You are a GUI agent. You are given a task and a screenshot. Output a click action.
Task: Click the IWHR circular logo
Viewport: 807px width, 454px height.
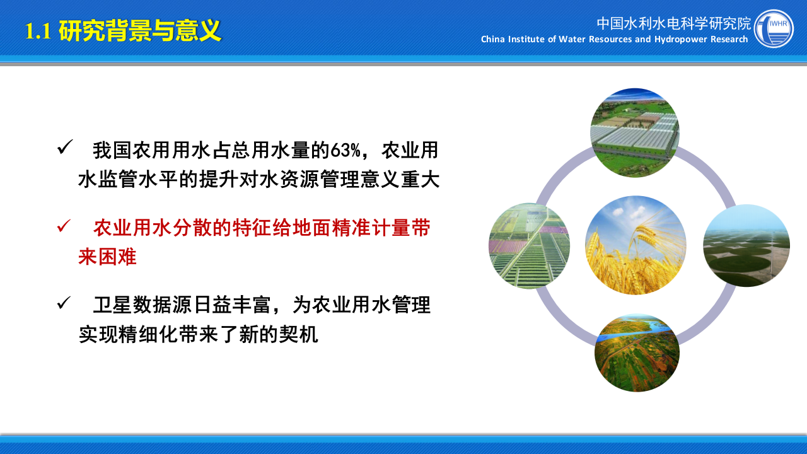pyautogui.click(x=774, y=28)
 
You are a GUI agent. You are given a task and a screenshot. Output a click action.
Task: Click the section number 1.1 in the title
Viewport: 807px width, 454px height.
pyautogui.click(x=38, y=32)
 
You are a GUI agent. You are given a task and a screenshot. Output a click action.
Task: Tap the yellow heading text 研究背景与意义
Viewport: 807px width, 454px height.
pyautogui.click(x=140, y=31)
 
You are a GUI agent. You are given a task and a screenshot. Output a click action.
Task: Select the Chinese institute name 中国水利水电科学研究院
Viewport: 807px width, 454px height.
pyautogui.click(x=674, y=23)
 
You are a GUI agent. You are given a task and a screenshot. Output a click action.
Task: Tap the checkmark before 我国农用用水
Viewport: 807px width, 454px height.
pyautogui.click(x=65, y=148)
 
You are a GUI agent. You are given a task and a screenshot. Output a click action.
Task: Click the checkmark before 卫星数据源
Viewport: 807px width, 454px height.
pyautogui.click(x=65, y=303)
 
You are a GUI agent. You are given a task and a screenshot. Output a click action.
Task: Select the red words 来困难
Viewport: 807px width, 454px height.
pyautogui.click(x=107, y=257)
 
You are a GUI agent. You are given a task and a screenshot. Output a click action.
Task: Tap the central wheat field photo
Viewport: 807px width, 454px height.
pyautogui.click(x=636, y=245)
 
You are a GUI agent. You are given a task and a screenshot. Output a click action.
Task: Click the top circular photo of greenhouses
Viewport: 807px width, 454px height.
pyautogui.click(x=634, y=132)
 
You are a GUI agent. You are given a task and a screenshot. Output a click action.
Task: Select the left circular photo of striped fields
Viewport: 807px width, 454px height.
pyautogui.click(x=530, y=246)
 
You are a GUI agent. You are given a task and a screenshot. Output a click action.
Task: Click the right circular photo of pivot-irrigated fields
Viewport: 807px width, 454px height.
pyautogui.click(x=746, y=245)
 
